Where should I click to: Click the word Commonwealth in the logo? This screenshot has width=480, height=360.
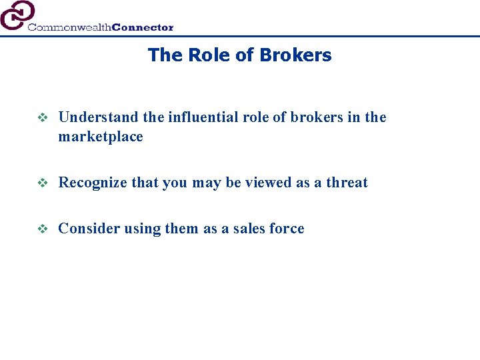click(x=69, y=27)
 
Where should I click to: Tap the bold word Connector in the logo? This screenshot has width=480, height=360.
click(x=143, y=27)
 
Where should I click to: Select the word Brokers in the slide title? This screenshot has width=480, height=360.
click(x=298, y=55)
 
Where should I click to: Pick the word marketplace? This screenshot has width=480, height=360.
click(x=101, y=137)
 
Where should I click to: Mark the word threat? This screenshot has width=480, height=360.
click(x=347, y=183)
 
